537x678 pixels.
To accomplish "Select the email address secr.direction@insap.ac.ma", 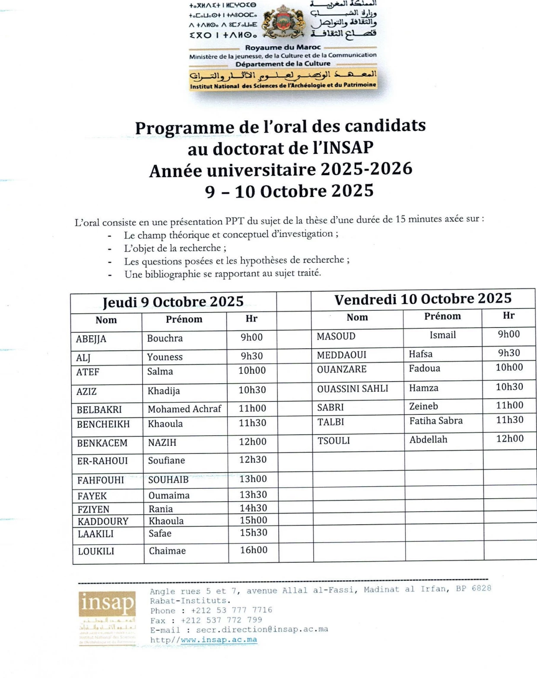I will (x=262, y=629).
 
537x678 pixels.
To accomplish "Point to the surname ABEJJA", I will (x=91, y=339).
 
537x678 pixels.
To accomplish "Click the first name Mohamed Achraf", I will (x=184, y=409).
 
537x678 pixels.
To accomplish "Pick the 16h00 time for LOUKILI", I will (x=254, y=550).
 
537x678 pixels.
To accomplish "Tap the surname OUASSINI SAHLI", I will (x=353, y=389).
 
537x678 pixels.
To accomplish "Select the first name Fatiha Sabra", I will (x=436, y=420).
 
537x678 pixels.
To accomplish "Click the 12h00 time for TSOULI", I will (x=510, y=439).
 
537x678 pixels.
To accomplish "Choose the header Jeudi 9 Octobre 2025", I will (x=173, y=302).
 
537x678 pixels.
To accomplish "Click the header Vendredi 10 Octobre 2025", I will (x=423, y=299).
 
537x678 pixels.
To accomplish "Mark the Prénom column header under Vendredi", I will (x=442, y=316).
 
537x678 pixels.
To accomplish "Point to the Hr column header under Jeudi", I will (x=251, y=319).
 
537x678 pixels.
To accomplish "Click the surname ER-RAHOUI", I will (x=102, y=461).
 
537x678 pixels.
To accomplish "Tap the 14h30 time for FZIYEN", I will (x=254, y=508).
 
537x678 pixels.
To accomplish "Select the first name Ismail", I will (x=443, y=335).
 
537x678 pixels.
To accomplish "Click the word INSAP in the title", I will (x=348, y=148).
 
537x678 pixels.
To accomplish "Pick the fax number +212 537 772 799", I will (x=221, y=620).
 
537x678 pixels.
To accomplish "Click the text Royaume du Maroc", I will (x=283, y=48).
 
